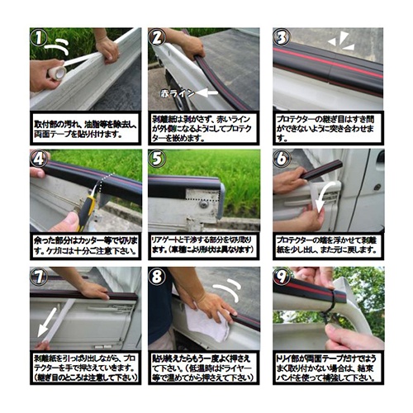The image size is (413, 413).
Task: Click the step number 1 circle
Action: (x=39, y=37)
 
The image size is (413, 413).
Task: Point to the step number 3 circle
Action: (x=282, y=37)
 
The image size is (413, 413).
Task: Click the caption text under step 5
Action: (x=204, y=244)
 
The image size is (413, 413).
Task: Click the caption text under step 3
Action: (x=327, y=127)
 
